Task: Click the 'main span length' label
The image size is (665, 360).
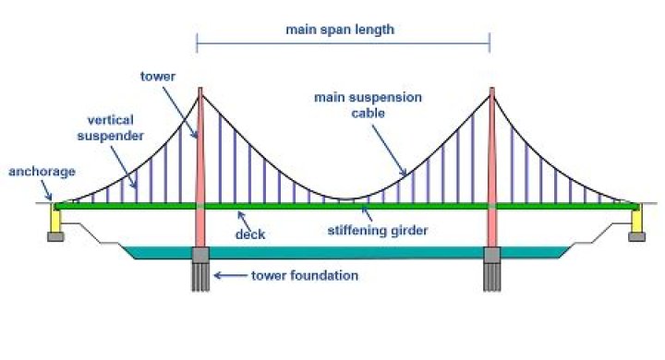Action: coord(340,29)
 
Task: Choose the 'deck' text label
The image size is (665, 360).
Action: coord(251,234)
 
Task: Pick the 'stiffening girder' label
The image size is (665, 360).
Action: coord(380,231)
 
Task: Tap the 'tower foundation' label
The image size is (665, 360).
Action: coord(305,275)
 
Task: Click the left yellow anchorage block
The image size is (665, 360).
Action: coord(55,221)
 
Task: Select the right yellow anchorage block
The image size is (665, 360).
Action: coord(636,221)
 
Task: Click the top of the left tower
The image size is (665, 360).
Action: coord(200,90)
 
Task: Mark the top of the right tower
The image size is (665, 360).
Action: coord(491,90)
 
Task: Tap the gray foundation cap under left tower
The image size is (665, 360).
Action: coord(201,256)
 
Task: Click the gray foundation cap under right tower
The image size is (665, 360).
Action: coord(491,256)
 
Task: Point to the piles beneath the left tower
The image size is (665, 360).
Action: coord(201,278)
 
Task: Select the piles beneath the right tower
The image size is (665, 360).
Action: coord(491,278)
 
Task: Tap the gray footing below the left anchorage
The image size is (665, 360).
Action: coord(56,237)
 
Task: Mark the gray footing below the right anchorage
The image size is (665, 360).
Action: coord(636,237)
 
